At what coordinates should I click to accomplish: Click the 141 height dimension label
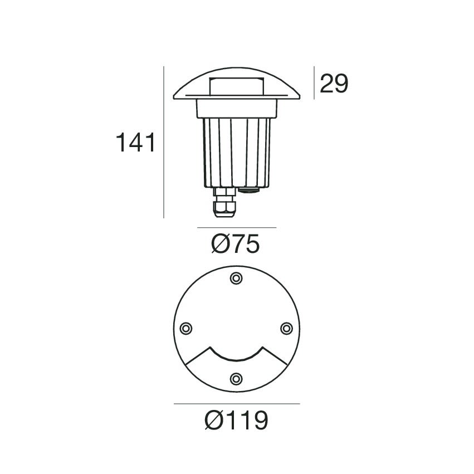(135, 143)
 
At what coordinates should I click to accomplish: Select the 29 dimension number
(334, 83)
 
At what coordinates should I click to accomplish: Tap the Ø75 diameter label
(235, 243)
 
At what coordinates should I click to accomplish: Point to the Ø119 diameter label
(236, 420)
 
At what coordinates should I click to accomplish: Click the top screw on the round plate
(236, 278)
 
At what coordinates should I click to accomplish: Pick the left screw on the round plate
(186, 328)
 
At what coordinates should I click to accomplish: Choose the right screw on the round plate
(287, 328)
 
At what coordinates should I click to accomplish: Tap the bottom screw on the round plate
(236, 378)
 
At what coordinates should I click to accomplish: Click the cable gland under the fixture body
(224, 203)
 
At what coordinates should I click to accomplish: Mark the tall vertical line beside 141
(164, 142)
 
